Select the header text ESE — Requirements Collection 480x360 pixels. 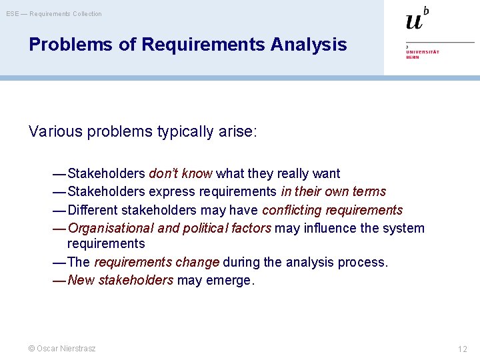pos(54,14)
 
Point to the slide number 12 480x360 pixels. pos(462,349)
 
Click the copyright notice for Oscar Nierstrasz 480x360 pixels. pos(62,349)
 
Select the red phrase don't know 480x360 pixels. pos(180,174)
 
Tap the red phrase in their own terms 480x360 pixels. pos(333,192)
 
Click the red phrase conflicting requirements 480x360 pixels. pos(332,210)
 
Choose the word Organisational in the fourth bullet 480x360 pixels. pos(111,228)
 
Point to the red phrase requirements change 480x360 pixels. pos(157,262)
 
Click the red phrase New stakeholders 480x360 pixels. pos(121,280)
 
